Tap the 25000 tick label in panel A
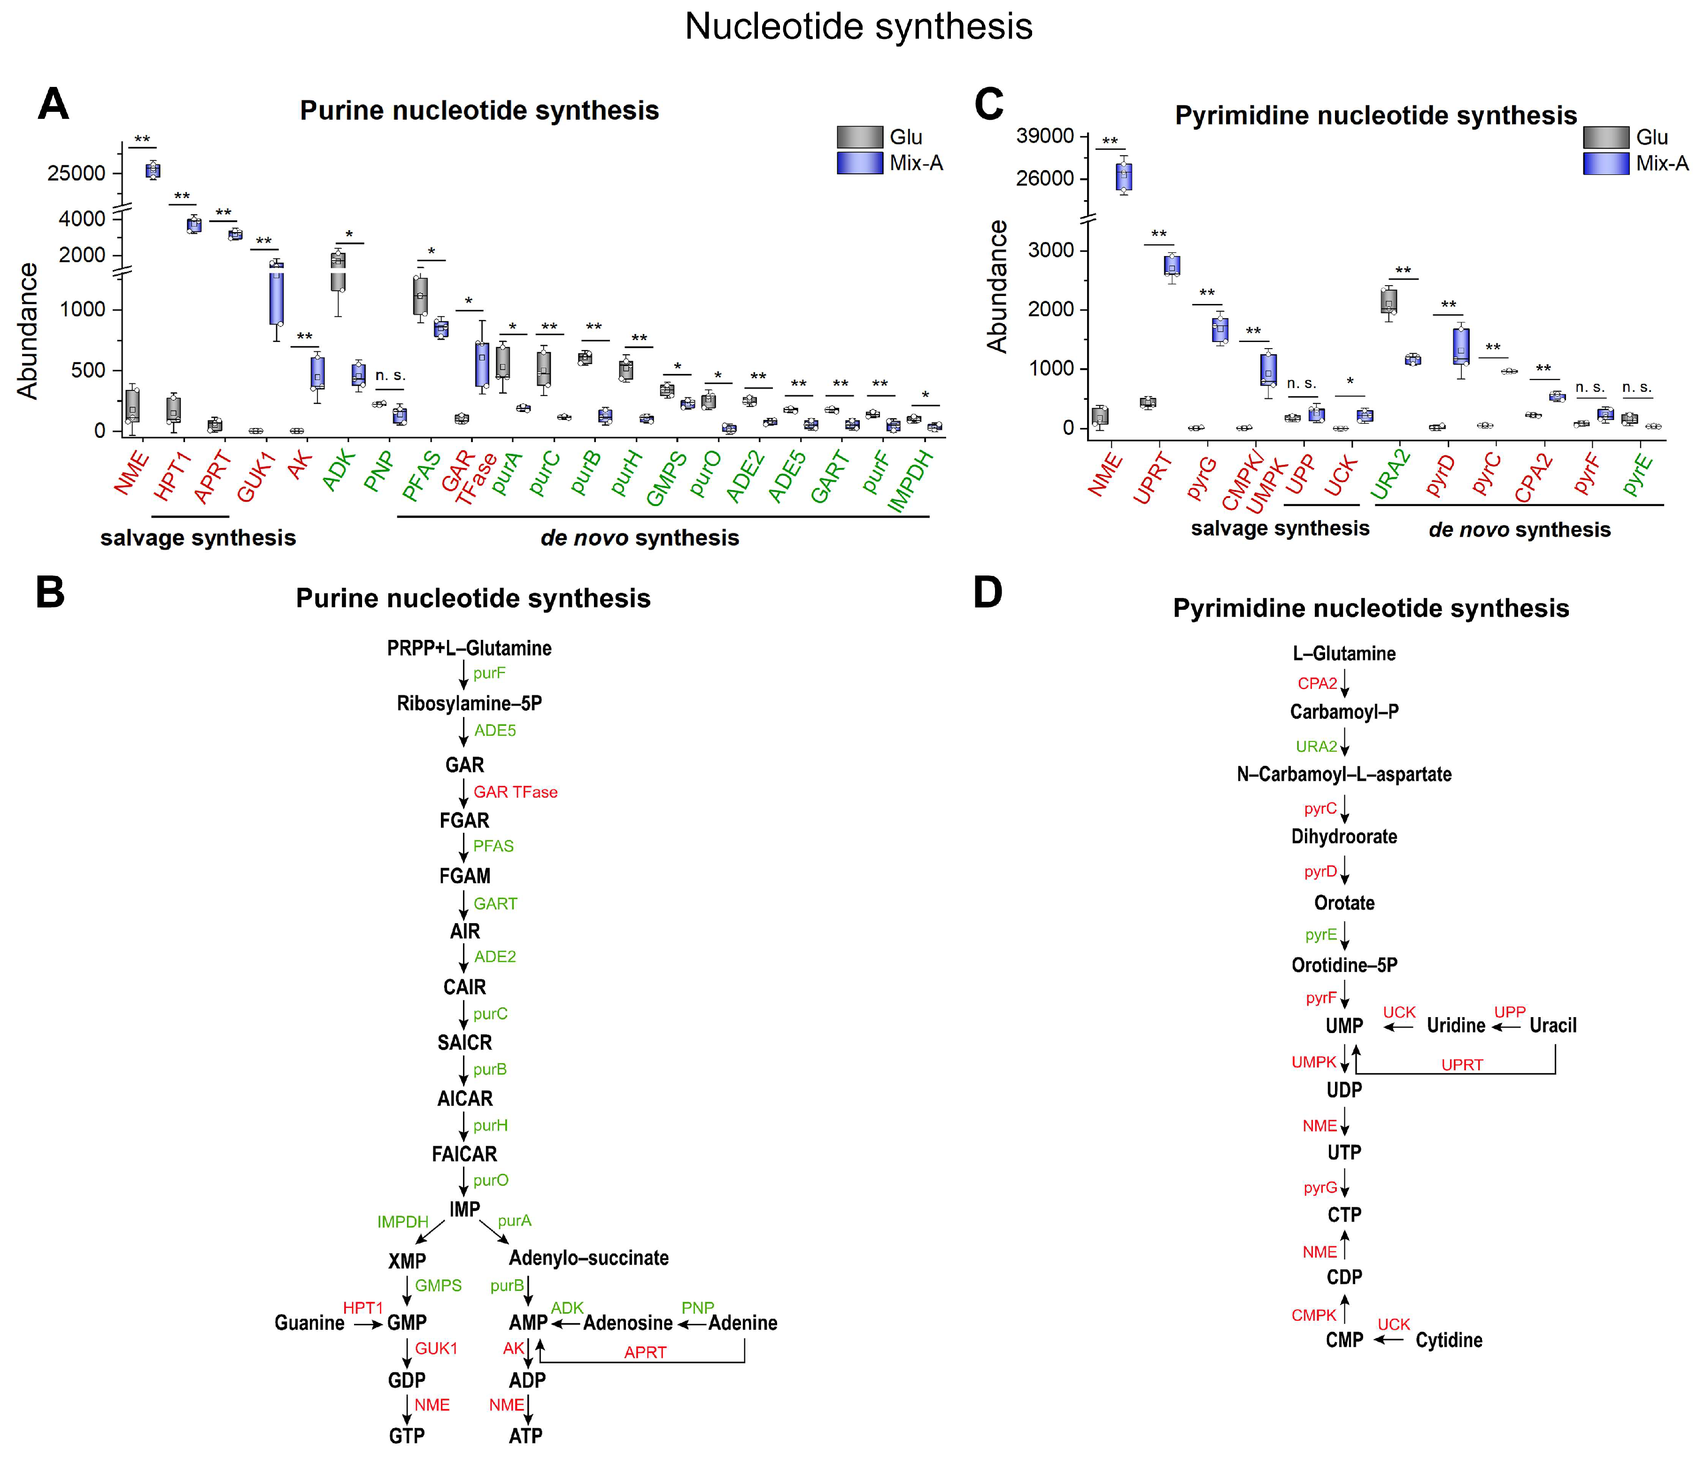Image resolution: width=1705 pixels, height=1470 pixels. coord(77,174)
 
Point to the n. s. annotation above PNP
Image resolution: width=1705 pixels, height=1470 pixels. coord(390,376)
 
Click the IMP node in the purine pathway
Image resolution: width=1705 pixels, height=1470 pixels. coord(465,1209)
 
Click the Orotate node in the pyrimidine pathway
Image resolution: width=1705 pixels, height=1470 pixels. coord(1344,903)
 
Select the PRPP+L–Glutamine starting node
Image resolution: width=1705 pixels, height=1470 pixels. coord(469,648)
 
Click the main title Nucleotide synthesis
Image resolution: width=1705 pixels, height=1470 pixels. coord(858,26)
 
